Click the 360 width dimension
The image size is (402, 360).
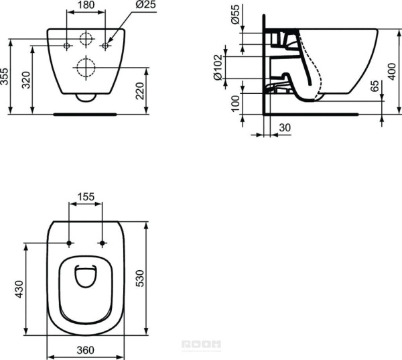pyautogui.click(x=86, y=350)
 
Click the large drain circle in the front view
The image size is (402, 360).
pyautogui.click(x=86, y=67)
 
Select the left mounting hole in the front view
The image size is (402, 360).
pyautogui.click(x=67, y=45)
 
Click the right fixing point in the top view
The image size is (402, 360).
pyautogui.click(x=102, y=242)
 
